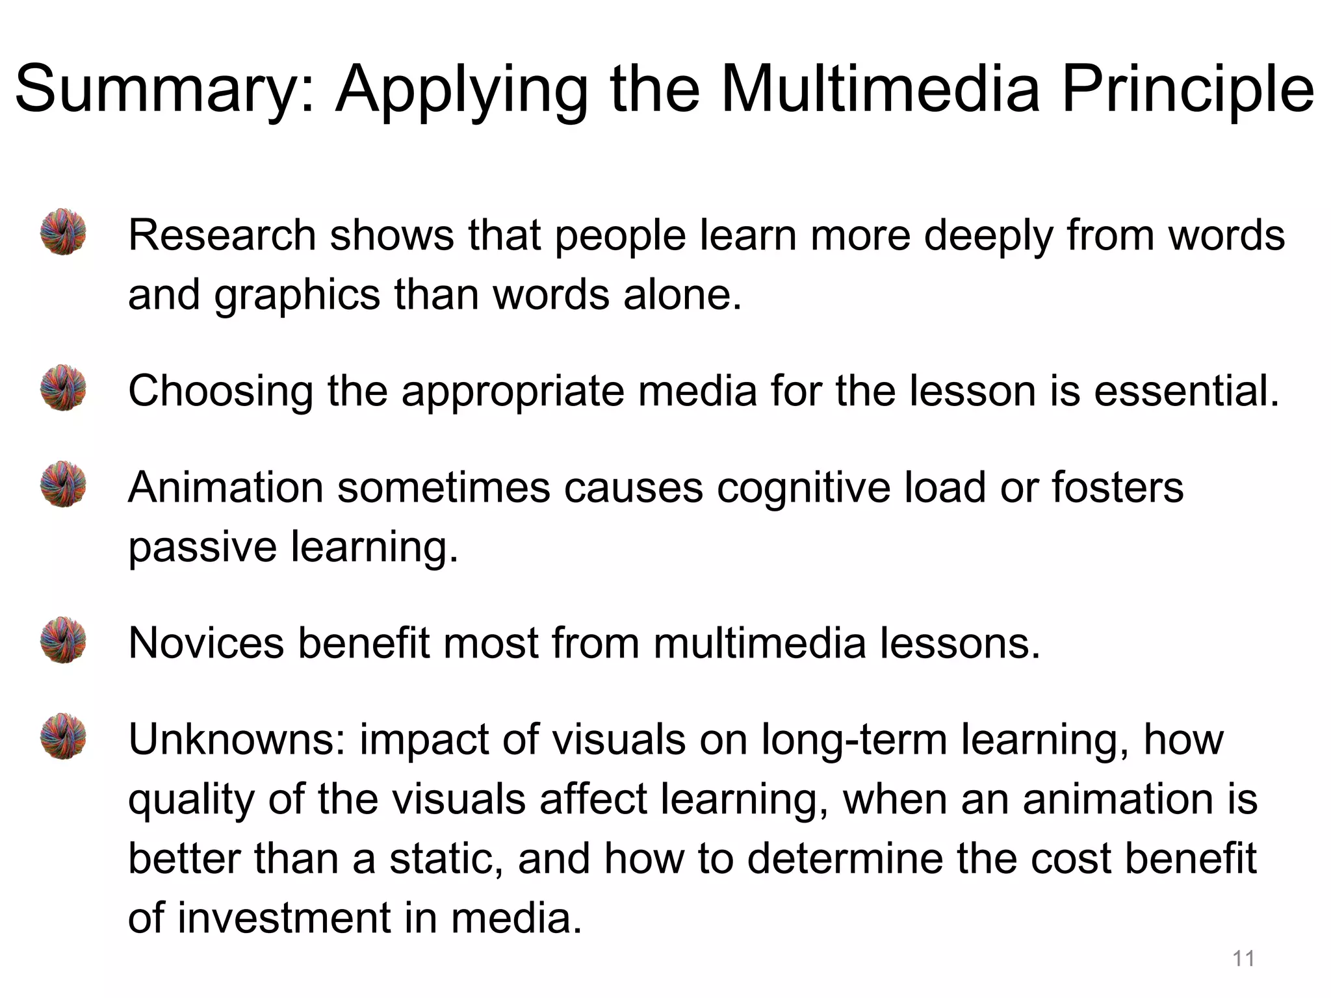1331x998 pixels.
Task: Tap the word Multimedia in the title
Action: pyautogui.click(x=880, y=88)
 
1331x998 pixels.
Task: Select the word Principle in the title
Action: pyautogui.click(x=1188, y=90)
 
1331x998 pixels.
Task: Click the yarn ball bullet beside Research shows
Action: pyautogui.click(x=63, y=232)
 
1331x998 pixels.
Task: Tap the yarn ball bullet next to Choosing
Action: pyautogui.click(x=63, y=388)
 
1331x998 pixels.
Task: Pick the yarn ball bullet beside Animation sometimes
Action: pyautogui.click(x=63, y=485)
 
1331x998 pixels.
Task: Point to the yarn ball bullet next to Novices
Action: pyautogui.click(x=63, y=640)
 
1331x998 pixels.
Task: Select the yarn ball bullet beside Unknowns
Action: pyautogui.click(x=63, y=737)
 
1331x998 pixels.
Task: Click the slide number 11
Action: pyautogui.click(x=1243, y=958)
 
